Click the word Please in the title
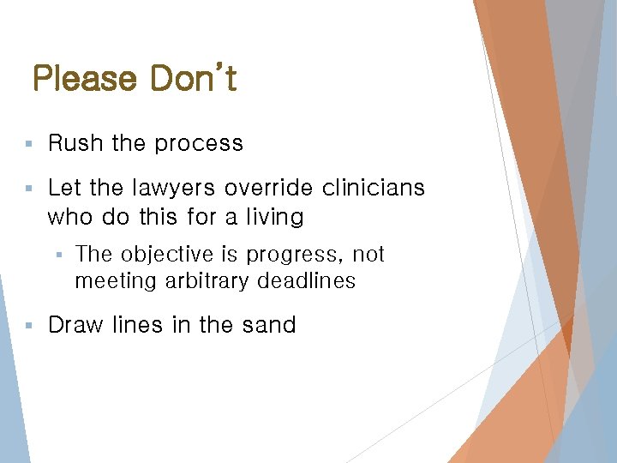pos(84,79)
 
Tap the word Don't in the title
pos(194,79)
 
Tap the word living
pos(273,217)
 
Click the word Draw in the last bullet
pos(73,325)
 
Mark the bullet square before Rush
pos(28,144)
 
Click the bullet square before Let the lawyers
pos(28,188)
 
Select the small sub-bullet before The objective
pos(58,256)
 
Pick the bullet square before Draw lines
pos(28,326)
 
